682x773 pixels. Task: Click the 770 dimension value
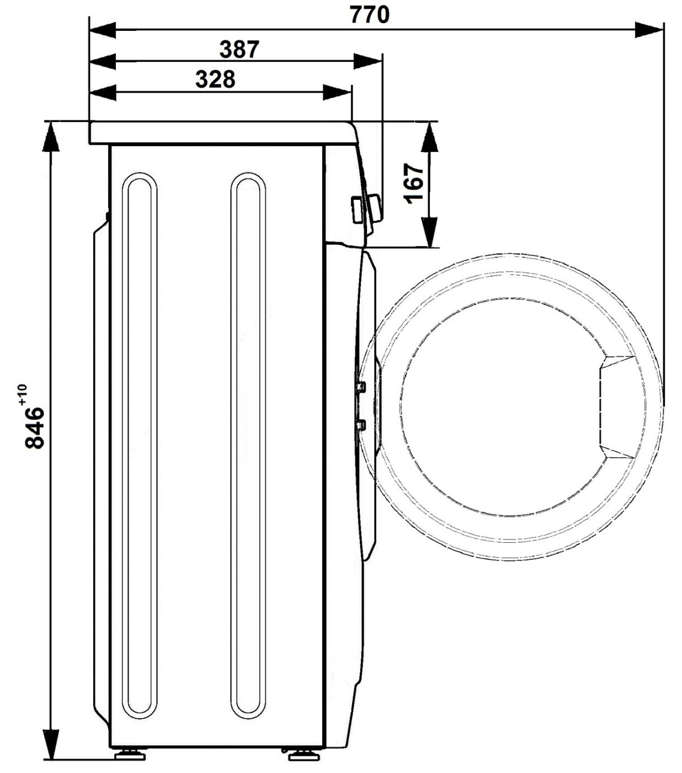[369, 15]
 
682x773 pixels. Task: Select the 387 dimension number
[239, 49]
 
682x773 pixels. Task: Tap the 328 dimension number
[215, 80]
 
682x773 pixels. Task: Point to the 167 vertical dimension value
[413, 184]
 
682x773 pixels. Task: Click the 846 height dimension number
[34, 428]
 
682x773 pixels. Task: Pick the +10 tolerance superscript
[22, 395]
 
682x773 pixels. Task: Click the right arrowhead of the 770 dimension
[649, 30]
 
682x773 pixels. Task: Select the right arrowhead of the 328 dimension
[337, 92]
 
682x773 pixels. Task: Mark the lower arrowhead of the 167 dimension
[430, 232]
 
